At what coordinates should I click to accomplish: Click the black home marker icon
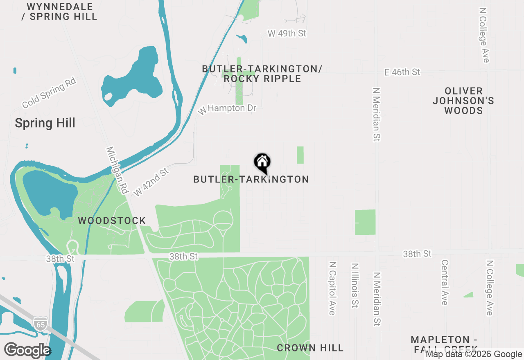[x=262, y=163]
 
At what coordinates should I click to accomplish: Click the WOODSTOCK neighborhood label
[x=112, y=221]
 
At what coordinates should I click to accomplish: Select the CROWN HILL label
[x=310, y=348]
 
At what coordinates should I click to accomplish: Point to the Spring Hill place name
[x=45, y=123]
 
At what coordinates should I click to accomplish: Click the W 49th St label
[x=287, y=34]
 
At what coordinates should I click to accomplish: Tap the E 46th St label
[x=402, y=72]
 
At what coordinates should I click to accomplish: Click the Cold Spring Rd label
[x=49, y=94]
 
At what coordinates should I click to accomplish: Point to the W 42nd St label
[x=151, y=182]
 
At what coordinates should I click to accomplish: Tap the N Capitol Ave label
[x=332, y=288]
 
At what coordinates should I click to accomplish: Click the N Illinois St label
[x=355, y=285]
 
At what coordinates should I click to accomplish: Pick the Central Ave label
[x=445, y=282]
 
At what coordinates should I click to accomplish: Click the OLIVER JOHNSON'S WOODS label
[x=463, y=101]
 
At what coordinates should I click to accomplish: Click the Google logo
[x=27, y=351]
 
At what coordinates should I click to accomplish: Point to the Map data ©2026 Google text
[x=474, y=354]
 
